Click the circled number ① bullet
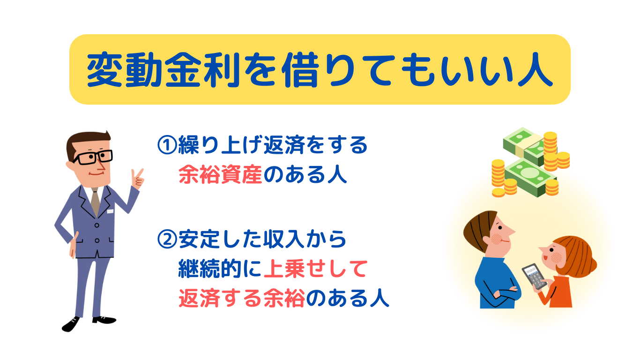point(167,145)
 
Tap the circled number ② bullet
point(167,239)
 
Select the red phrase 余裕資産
point(220,174)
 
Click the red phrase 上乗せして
point(315,269)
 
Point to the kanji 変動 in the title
point(125,69)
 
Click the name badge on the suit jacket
point(110,211)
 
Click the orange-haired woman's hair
point(577,256)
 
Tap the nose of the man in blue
point(512,230)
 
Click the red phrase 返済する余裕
point(241,299)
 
